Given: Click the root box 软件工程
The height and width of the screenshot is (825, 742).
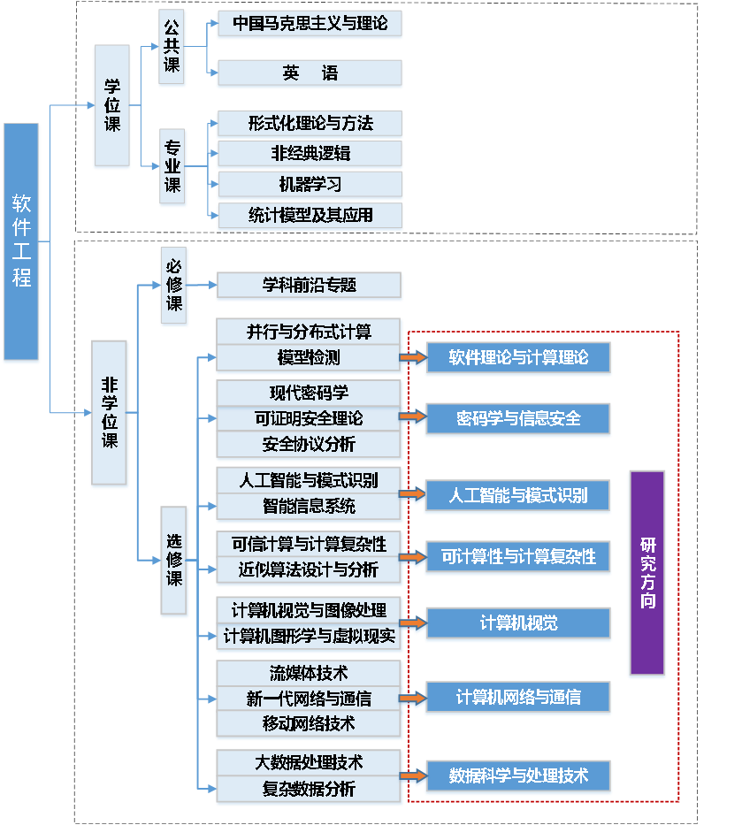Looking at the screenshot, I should click(21, 242).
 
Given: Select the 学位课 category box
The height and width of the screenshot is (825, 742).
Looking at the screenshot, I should click(112, 106).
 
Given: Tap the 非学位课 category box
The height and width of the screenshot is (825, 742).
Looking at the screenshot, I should click(111, 413).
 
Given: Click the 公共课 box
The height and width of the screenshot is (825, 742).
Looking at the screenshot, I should click(172, 48).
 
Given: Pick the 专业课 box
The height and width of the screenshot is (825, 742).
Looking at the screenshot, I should click(172, 167).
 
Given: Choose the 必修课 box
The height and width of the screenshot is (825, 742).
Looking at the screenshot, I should click(174, 286).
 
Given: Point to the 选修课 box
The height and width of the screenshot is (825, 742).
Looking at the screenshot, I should click(174, 561).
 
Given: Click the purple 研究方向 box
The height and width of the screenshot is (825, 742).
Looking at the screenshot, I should click(646, 573).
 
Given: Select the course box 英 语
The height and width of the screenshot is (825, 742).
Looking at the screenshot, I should click(310, 74).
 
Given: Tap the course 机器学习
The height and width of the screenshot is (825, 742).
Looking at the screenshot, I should click(310, 185).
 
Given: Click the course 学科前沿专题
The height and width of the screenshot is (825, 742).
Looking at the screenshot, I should click(310, 286).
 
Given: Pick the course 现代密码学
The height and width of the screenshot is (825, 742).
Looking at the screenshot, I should click(310, 393).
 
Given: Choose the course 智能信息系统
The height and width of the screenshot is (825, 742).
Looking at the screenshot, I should click(310, 507).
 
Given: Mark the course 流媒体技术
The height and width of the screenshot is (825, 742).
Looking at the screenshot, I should click(310, 673).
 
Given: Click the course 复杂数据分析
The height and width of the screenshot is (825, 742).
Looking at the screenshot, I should click(310, 789).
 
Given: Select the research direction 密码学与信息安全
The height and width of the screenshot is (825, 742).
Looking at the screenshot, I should click(518, 418).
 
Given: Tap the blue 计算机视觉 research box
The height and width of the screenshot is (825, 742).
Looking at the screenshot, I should click(518, 623).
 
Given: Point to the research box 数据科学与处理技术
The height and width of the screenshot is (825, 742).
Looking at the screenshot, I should click(518, 776).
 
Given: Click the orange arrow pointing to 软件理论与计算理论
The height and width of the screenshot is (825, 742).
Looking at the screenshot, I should click(412, 357).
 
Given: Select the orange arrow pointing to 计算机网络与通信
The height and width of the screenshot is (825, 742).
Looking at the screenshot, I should click(412, 698).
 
